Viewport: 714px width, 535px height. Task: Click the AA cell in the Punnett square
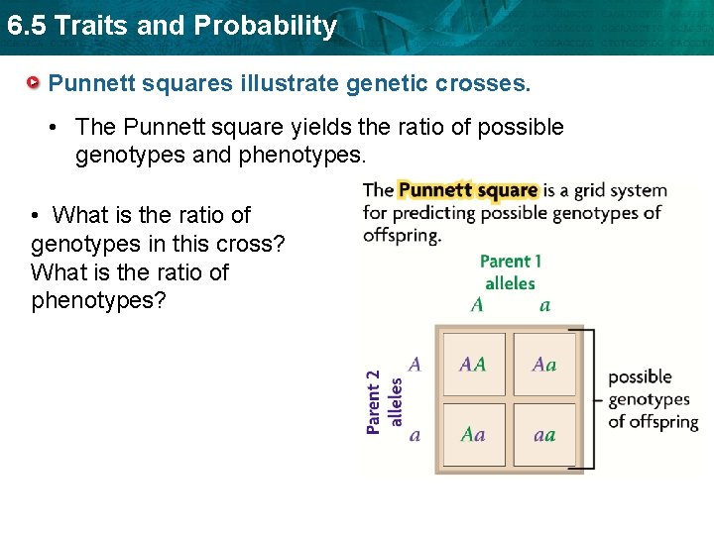click(x=473, y=364)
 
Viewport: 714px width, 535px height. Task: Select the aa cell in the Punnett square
click(x=543, y=434)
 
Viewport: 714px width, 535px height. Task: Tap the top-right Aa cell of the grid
click(x=543, y=364)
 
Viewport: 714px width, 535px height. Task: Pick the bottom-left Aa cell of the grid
click(x=473, y=434)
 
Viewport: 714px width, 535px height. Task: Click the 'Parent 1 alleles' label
click(x=510, y=271)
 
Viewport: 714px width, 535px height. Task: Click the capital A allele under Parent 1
click(x=477, y=305)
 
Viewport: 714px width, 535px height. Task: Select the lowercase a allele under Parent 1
click(x=544, y=305)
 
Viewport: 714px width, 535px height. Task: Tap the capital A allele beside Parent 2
click(x=415, y=364)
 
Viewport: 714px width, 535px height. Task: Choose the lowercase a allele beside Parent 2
click(x=415, y=435)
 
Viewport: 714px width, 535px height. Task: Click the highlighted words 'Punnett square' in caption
click(x=468, y=189)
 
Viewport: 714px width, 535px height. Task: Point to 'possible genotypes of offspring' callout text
click(x=653, y=399)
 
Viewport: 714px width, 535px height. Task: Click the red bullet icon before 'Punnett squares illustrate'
click(x=35, y=82)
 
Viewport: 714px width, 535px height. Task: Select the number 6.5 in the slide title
click(x=25, y=26)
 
